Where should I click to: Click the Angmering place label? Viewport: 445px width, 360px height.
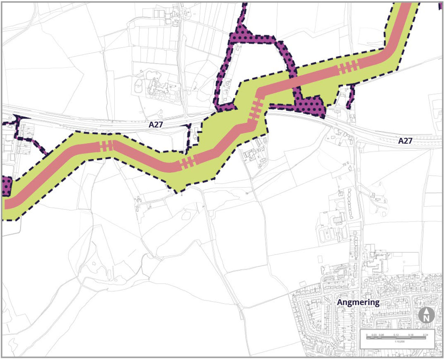(358, 303)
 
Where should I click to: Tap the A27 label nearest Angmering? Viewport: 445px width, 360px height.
(405, 141)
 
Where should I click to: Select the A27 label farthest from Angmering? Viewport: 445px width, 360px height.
(156, 125)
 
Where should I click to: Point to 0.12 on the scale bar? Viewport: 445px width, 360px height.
(396, 335)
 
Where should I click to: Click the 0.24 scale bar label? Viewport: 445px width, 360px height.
(425, 335)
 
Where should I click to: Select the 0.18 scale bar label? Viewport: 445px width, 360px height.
(411, 335)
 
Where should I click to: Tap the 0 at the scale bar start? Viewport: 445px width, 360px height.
(367, 335)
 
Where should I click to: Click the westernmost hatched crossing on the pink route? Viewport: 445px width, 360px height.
(106, 146)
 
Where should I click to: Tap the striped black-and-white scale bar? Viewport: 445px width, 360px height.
(396, 338)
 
